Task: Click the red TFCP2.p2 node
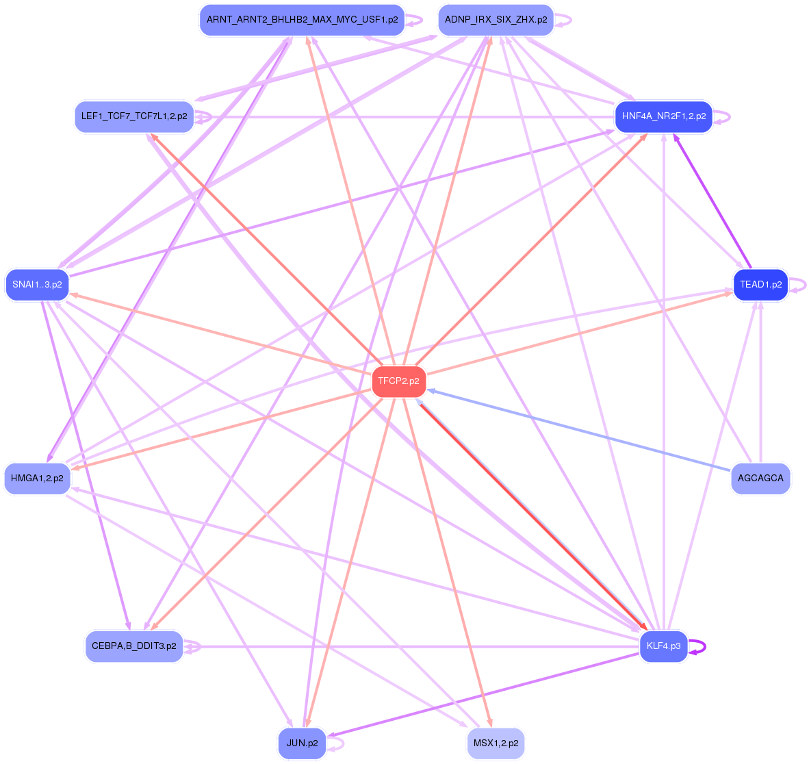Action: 398,381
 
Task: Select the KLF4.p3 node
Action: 663,646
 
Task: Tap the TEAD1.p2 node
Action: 760,285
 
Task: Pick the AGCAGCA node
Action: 760,479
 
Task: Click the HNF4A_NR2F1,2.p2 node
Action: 663,117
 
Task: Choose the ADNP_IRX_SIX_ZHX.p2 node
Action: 496,20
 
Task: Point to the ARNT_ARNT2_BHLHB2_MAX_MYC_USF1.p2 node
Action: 302,20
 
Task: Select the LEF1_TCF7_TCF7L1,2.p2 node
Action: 133,117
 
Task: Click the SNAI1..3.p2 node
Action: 37,285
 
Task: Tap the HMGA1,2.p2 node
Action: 37,479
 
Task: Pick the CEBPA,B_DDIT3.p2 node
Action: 133,646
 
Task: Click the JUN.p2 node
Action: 302,743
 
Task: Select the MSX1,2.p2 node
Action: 496,743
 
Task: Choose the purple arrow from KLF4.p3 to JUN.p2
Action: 479,696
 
